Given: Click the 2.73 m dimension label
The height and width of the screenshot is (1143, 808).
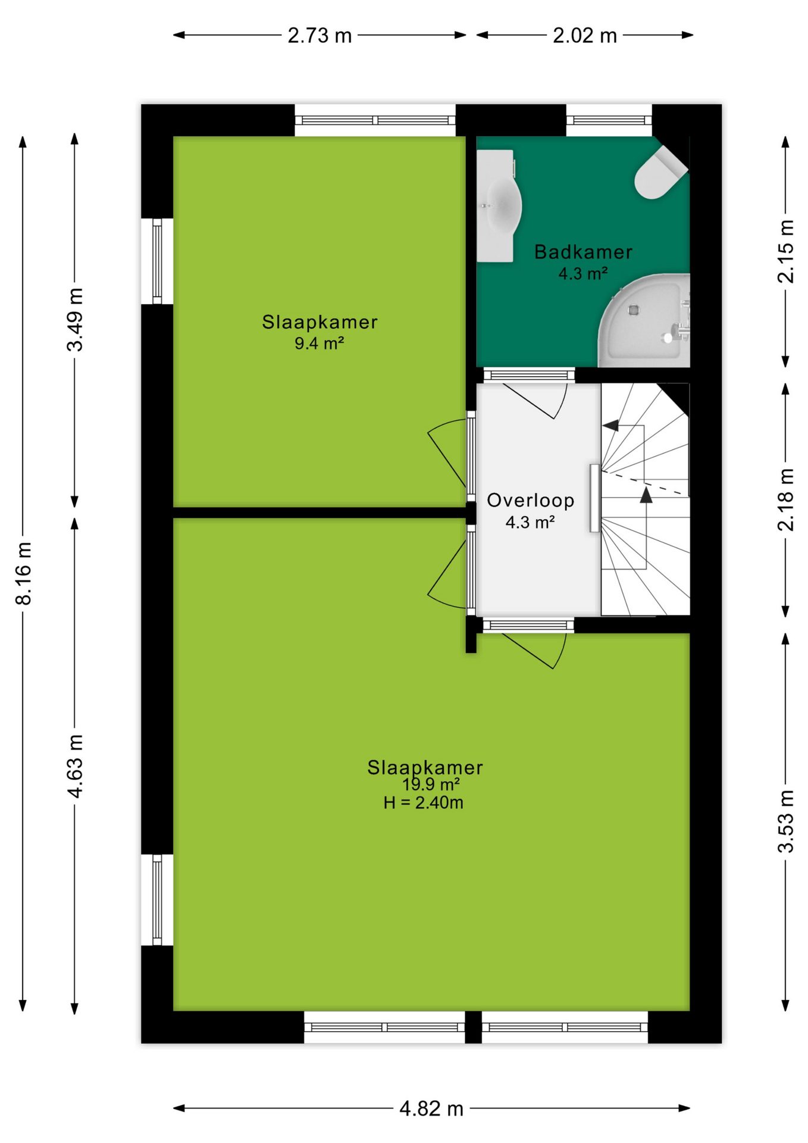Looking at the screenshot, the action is tap(320, 36).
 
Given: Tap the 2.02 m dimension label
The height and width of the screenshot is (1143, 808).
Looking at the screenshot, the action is tap(584, 36).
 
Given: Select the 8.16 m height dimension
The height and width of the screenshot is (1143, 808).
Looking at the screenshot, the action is tap(23, 573).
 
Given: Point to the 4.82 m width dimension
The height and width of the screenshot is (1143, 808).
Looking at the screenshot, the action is tap(431, 1108).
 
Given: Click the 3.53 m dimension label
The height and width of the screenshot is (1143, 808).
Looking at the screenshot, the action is tap(786, 821).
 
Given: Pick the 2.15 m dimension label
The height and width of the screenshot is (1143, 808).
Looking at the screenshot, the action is tap(786, 251).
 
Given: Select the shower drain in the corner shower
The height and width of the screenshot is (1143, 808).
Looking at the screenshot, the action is tap(633, 310).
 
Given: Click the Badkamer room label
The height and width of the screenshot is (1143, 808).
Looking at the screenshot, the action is tap(583, 252).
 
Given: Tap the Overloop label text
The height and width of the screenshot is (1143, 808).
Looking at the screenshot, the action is tap(531, 501).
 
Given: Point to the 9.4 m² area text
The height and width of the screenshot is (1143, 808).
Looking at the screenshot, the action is tap(320, 343).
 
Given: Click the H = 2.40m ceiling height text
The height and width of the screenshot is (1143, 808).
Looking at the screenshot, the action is tap(423, 802).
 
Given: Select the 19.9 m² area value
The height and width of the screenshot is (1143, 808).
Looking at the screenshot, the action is tap(431, 785).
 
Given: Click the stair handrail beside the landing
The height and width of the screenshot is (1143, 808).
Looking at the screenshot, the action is tap(594, 498).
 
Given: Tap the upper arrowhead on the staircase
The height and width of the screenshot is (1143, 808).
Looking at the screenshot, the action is tap(610, 425).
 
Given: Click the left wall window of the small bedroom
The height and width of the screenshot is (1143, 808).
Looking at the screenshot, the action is tap(157, 261).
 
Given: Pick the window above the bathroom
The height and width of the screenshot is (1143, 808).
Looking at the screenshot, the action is tap(609, 120).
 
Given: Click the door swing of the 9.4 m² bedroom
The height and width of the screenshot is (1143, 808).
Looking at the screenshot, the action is tap(447, 452).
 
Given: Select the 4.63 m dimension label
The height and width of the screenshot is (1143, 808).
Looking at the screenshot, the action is tap(75, 766).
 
